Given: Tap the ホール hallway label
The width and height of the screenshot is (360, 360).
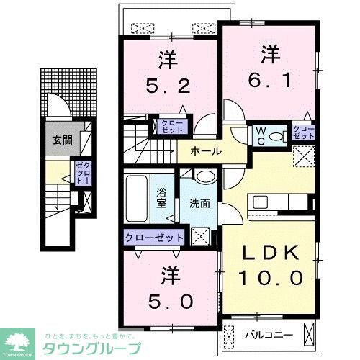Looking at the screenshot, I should pyautogui.click(x=205, y=152).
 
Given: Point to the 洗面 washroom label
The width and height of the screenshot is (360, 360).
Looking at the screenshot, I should pyautogui.click(x=199, y=203).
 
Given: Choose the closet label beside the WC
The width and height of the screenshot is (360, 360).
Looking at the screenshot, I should pyautogui.click(x=303, y=132).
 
